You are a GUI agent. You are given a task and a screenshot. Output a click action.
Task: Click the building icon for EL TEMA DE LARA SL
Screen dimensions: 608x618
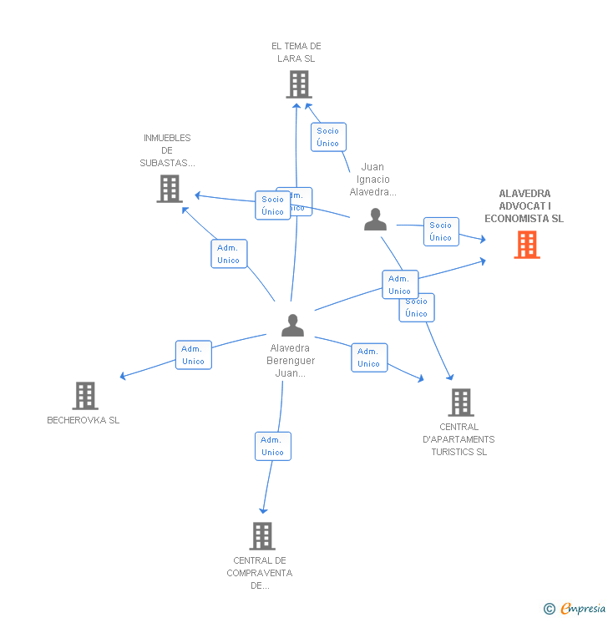(x=298, y=84)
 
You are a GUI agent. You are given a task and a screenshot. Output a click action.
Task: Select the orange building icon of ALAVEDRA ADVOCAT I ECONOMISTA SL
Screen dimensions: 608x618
(x=527, y=245)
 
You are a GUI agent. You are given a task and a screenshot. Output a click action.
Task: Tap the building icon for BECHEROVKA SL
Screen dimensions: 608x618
(x=85, y=395)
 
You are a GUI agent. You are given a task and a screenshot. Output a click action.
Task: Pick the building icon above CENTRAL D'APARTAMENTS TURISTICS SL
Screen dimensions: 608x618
(x=460, y=403)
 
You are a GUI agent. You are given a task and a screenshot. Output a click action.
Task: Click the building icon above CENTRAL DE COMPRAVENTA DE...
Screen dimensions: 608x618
(x=262, y=535)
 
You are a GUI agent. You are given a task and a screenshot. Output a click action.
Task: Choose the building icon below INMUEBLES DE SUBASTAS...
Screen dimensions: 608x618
(x=170, y=189)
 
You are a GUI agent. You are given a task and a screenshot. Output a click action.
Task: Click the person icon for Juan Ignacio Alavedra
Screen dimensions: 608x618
(x=376, y=220)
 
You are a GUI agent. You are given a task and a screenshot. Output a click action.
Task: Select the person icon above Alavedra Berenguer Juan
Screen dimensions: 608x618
(x=292, y=325)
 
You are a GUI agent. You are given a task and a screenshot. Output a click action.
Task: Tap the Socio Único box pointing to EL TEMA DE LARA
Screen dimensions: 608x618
(x=328, y=137)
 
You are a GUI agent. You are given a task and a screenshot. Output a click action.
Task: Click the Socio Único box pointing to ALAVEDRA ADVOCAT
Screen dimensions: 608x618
(x=441, y=231)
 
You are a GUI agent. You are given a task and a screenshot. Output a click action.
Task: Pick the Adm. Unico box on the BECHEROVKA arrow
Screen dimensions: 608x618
(x=194, y=355)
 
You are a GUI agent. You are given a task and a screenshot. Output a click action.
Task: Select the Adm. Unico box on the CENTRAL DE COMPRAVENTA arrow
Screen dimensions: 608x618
(x=272, y=446)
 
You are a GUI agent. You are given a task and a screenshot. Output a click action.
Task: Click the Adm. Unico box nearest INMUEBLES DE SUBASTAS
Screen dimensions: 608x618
(x=229, y=254)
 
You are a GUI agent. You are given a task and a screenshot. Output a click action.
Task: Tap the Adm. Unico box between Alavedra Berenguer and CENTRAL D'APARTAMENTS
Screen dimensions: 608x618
(x=368, y=357)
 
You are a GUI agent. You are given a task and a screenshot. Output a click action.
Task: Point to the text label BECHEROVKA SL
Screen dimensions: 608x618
(x=84, y=420)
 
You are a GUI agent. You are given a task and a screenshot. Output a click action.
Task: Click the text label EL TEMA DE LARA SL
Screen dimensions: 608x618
(x=296, y=53)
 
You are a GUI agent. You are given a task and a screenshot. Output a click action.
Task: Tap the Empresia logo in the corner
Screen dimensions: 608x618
(x=583, y=609)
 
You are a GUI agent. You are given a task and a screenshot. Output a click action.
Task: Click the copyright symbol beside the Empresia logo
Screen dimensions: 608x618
(x=550, y=609)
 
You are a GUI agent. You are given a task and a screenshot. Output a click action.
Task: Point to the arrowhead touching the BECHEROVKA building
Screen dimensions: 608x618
(x=123, y=377)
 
